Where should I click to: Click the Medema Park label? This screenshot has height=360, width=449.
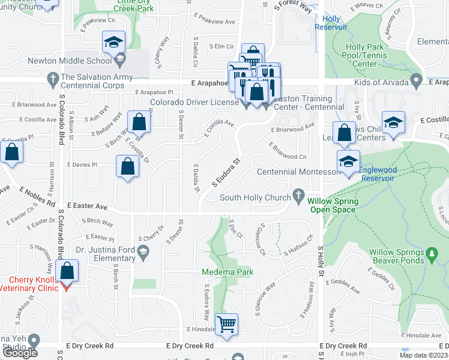coord(228,272)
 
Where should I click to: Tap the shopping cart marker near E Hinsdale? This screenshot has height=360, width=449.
coord(226,325)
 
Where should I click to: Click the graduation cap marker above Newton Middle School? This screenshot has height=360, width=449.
coord(113,42)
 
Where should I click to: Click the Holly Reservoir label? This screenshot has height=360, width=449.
coord(331,23)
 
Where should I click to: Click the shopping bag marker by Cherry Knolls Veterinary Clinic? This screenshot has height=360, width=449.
coord(68,271)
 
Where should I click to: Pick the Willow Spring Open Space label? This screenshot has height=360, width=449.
coord(333,206)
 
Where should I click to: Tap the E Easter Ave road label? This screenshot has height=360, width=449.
coord(87,206)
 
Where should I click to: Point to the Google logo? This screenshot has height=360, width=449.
coord(20,353)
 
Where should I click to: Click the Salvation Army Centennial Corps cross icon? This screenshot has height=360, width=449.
coord(52,77)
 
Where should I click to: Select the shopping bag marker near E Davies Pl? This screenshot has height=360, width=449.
coord(128,166)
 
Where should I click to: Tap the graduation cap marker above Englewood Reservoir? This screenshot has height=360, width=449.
coord(348,161)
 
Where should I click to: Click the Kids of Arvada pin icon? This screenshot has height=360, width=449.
coord(416,81)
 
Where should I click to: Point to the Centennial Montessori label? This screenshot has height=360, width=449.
coord(298,172)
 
